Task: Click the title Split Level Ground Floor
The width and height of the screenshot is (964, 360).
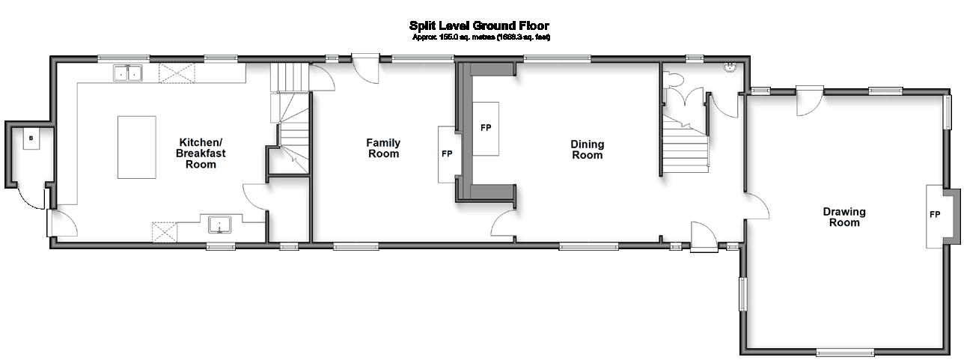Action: [479, 26]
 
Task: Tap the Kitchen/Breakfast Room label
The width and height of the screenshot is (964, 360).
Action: [201, 153]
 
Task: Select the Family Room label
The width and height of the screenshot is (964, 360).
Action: [382, 147]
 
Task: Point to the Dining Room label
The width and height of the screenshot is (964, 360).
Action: [587, 150]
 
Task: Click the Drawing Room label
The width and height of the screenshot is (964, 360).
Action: [844, 217]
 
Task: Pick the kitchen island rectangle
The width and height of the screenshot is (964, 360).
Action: [136, 147]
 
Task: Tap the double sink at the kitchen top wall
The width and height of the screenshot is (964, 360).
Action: [128, 73]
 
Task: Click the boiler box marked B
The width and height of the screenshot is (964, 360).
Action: [31, 138]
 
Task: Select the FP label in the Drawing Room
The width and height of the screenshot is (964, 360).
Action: [935, 214]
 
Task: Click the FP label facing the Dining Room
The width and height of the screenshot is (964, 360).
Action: [486, 128]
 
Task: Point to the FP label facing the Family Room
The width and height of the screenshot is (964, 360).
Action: [447, 154]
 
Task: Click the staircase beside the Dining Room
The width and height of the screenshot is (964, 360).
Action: [683, 146]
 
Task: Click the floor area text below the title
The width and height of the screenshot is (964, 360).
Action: [481, 37]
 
